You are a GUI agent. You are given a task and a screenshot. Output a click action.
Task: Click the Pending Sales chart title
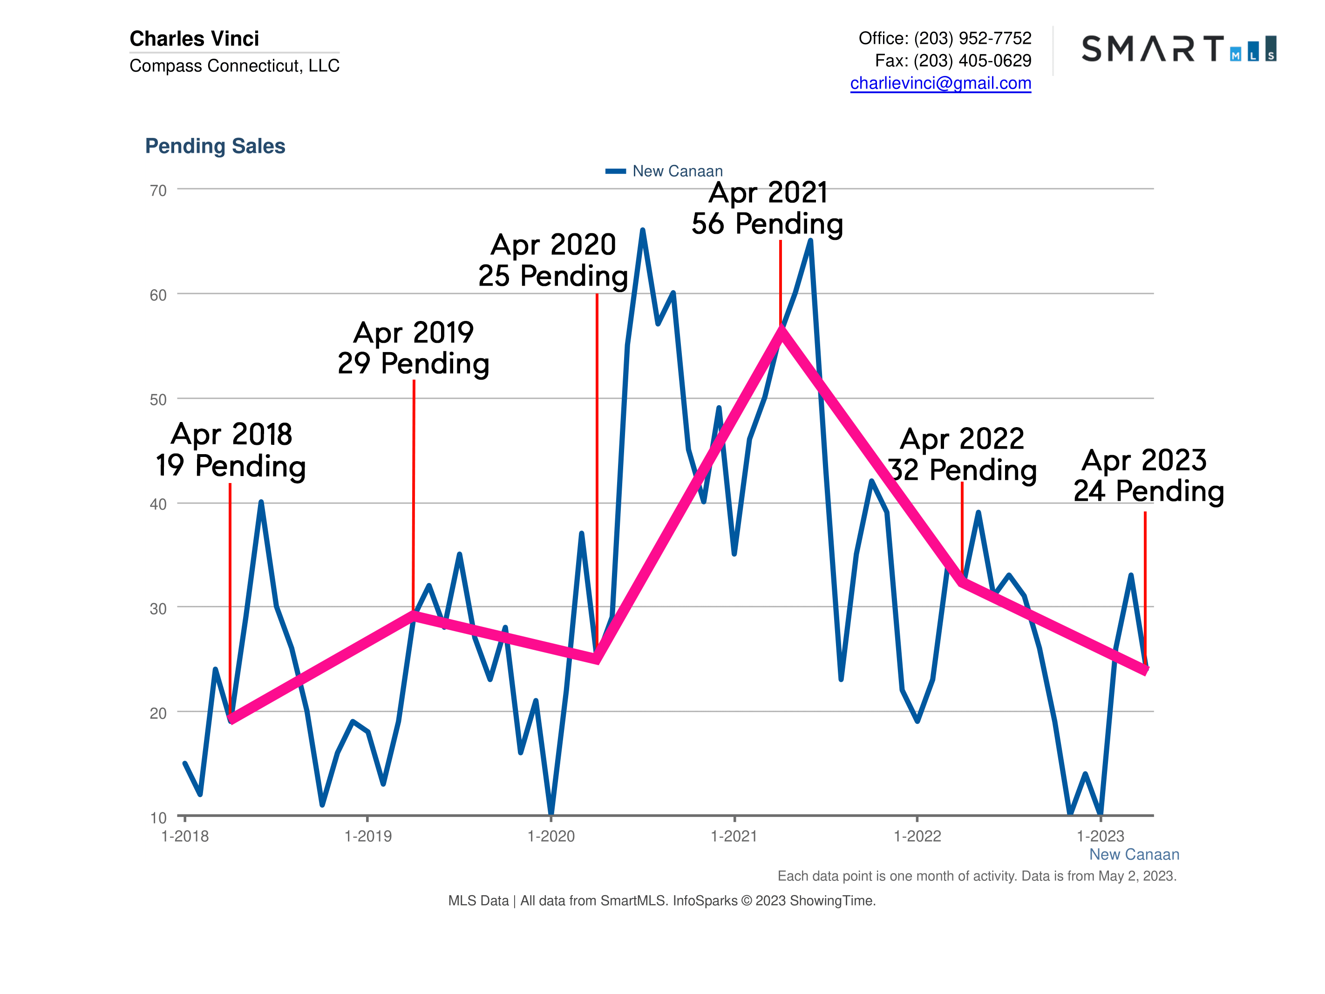[x=215, y=146]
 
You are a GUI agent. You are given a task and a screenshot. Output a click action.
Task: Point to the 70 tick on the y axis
[x=158, y=191]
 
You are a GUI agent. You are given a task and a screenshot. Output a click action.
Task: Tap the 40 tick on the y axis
[x=158, y=504]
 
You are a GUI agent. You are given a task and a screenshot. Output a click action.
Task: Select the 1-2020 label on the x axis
[x=550, y=837]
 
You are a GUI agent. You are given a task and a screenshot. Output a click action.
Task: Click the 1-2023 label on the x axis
[x=1101, y=837]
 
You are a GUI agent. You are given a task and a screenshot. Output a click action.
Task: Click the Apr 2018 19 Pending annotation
[x=231, y=450]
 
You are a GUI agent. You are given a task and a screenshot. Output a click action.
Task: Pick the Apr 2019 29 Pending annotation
[x=413, y=348]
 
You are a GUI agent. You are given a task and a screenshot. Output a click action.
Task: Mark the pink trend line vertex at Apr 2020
[x=597, y=659]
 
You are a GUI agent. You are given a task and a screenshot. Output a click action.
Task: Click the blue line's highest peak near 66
[x=642, y=231]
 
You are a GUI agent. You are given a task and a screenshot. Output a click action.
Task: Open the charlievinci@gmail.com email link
[x=940, y=83]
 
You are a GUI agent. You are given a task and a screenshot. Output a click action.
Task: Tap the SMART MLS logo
[x=1178, y=48]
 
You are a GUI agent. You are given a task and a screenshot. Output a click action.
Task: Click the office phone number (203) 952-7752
[x=972, y=38]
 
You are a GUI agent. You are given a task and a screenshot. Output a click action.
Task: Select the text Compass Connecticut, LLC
[x=234, y=66]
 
